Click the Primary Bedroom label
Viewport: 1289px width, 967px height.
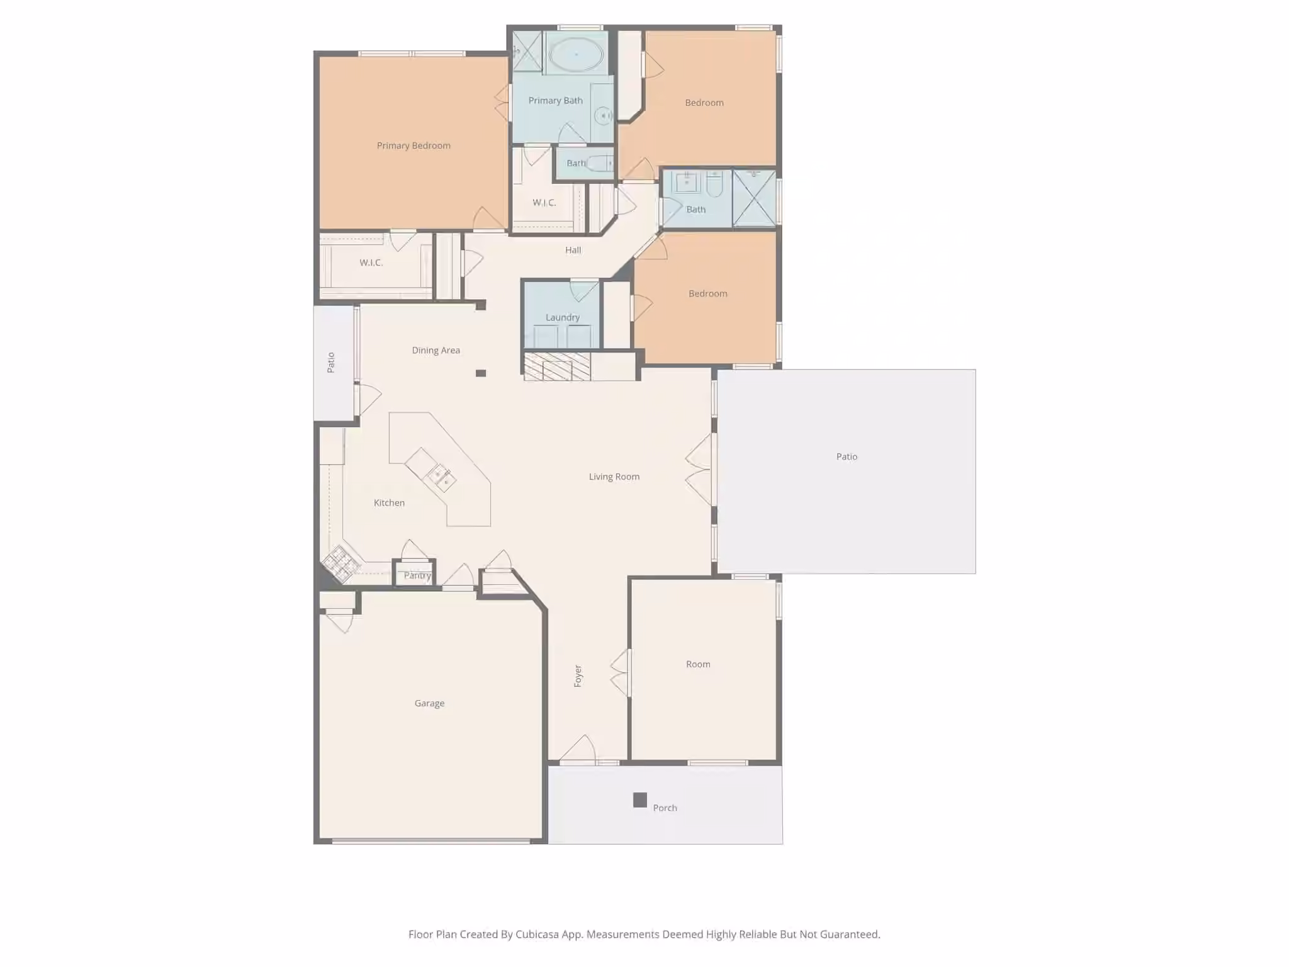[414, 145]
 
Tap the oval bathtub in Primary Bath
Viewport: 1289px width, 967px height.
[576, 55]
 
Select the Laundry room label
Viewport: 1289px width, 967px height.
[563, 317]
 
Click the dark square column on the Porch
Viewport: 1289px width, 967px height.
[640, 800]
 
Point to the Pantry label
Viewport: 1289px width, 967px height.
[417, 575]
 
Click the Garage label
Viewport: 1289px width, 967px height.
[429, 703]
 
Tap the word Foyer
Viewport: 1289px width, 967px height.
[578, 676]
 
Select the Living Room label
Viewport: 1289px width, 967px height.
[614, 477]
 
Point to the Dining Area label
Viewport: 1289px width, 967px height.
[436, 350]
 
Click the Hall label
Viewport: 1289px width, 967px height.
[573, 250]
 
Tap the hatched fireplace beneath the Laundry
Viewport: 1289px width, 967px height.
[557, 366]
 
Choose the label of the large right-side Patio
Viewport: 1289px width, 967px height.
[847, 456]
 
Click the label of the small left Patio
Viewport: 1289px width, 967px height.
[330, 363]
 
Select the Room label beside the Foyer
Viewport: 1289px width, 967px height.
[698, 664]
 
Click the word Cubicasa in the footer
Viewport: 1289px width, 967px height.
[537, 934]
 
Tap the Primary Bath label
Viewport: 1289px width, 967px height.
[555, 100]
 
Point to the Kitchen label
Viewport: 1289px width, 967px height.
[389, 502]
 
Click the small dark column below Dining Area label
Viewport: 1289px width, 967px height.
[481, 373]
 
